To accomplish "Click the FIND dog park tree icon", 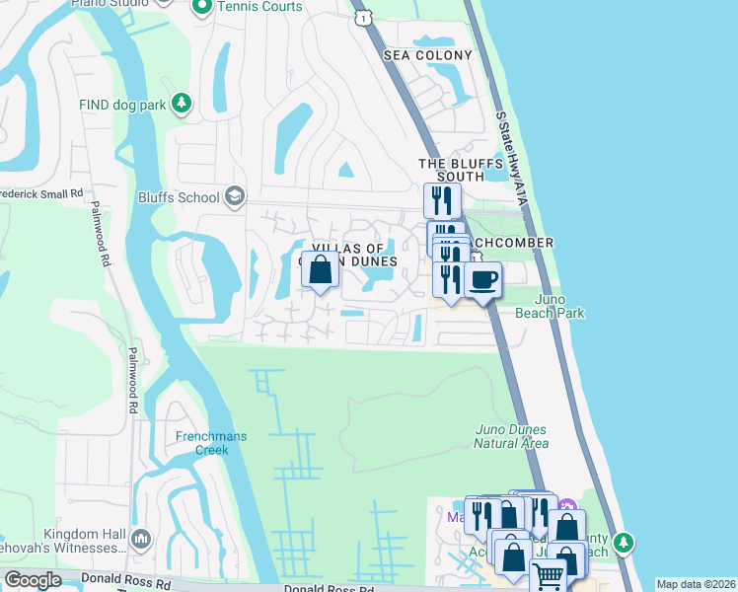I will pyautogui.click(x=181, y=104).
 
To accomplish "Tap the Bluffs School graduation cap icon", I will pyautogui.click(x=234, y=196).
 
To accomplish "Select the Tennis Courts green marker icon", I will pyautogui.click(x=201, y=8).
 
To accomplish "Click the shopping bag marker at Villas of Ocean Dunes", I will pyautogui.click(x=321, y=269).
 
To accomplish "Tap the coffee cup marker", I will pyautogui.click(x=483, y=279).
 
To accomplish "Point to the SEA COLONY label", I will pyautogui.click(x=429, y=55).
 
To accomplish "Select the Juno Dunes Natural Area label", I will pyautogui.click(x=511, y=436).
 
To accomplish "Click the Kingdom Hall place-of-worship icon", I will pyautogui.click(x=140, y=540).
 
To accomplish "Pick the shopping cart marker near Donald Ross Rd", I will pyautogui.click(x=548, y=575).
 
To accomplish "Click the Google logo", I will pyautogui.click(x=33, y=580).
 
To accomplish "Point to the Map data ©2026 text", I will pyautogui.click(x=696, y=584).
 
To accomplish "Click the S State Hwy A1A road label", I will pyautogui.click(x=514, y=158).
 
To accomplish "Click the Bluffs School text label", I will pyautogui.click(x=179, y=197).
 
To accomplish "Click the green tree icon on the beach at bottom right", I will pyautogui.click(x=623, y=543).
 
